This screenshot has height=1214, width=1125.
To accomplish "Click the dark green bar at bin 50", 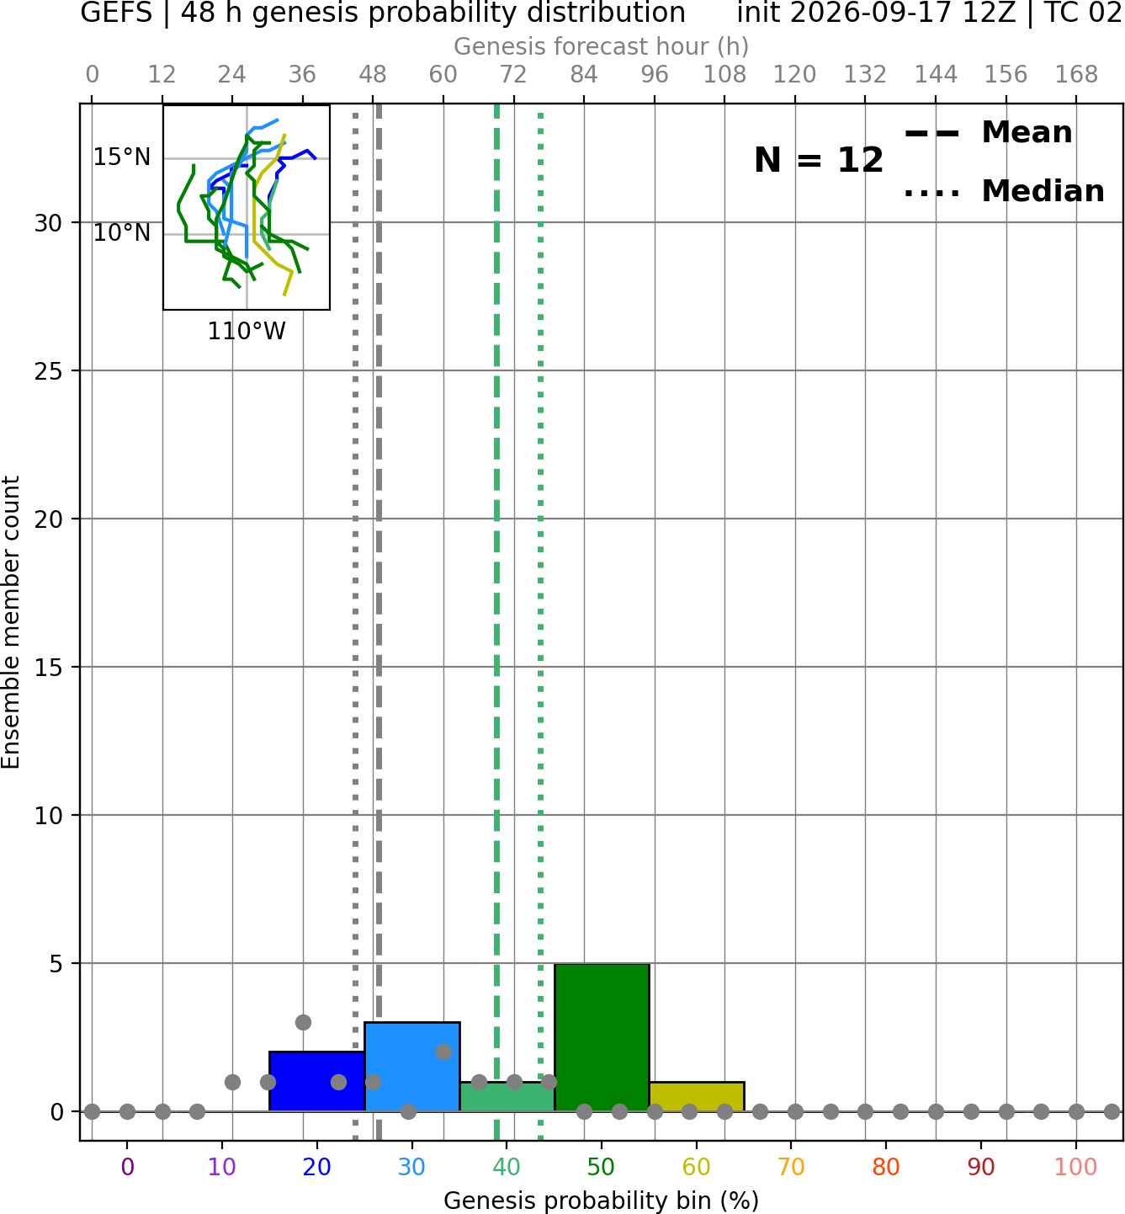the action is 602,1037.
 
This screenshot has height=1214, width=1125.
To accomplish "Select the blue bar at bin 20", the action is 316,1082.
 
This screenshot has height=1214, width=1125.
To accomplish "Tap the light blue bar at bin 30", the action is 411,1067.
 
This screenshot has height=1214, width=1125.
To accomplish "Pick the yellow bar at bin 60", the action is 697,1097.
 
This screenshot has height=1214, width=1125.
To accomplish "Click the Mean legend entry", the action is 988,133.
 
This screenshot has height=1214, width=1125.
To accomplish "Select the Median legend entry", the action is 1004,191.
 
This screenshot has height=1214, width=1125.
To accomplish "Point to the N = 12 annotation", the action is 818,160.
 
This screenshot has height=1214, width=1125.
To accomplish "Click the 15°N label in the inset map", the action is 122,157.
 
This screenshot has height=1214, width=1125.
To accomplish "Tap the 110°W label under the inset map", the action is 247,332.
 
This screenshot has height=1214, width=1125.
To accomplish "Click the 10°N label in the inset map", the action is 122,233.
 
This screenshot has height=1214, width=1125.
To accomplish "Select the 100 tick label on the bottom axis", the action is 1076,1167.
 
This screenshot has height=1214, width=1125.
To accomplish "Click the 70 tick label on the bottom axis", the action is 791,1167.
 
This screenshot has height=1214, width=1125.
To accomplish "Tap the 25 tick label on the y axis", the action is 49,371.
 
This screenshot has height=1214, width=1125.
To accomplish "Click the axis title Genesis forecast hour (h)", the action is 602,46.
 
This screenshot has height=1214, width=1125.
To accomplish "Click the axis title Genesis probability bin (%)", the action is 602,1201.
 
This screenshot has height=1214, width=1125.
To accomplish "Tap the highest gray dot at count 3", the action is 303,1022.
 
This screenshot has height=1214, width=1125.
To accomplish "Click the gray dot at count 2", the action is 443,1052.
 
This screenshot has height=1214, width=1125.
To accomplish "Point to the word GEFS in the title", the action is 116,13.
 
